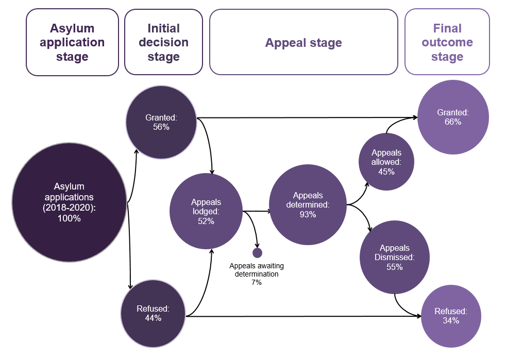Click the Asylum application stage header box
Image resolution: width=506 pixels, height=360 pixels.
tap(72, 42)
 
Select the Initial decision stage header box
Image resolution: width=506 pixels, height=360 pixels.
tap(164, 42)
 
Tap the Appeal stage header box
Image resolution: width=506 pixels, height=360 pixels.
tap(303, 42)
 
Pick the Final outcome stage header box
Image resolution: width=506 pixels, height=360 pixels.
tap(447, 42)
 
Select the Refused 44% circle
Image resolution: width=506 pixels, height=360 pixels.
tap(153, 313)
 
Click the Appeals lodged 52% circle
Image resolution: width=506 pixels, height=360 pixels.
tap(206, 212)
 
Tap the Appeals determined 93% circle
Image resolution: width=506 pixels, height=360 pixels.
tap(308, 204)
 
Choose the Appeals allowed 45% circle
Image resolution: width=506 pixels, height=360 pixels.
tap(386, 162)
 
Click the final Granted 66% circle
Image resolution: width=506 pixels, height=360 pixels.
tap(452, 117)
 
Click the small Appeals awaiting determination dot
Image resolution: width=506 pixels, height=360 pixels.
tap(258, 252)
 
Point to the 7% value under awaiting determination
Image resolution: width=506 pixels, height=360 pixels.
tap(257, 283)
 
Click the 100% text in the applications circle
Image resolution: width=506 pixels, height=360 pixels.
tap(69, 218)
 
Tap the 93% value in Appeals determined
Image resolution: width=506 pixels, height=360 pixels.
tap(308, 214)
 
